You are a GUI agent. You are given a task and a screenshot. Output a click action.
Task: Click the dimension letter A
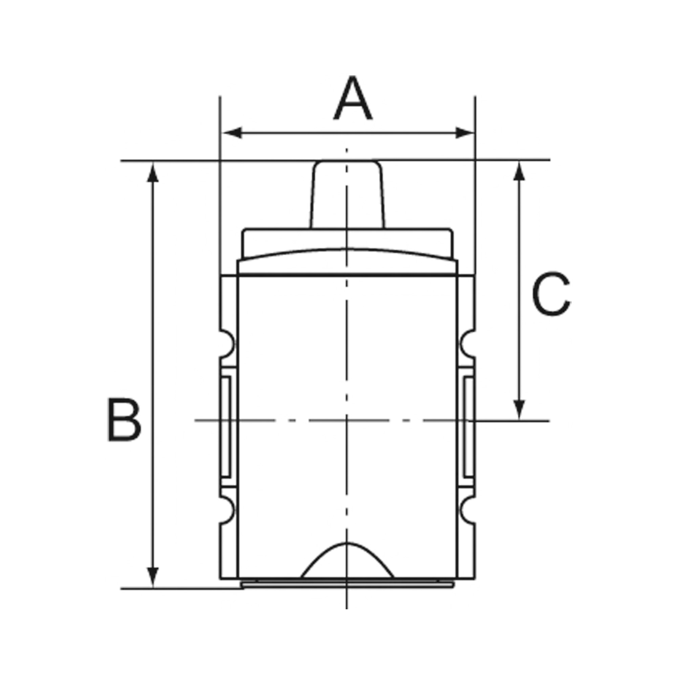pos(352,99)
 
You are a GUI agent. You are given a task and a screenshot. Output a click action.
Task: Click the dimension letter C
pos(551,294)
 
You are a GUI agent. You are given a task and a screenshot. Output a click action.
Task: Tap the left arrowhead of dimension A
pos(232,133)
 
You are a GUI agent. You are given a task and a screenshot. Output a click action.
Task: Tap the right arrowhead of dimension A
pos(464,133)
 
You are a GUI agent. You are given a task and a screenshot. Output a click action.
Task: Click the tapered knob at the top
pos(347,195)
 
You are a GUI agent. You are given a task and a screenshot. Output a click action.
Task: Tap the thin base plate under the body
pos(347,585)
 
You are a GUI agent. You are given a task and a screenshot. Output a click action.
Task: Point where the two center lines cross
pos(347,420)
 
